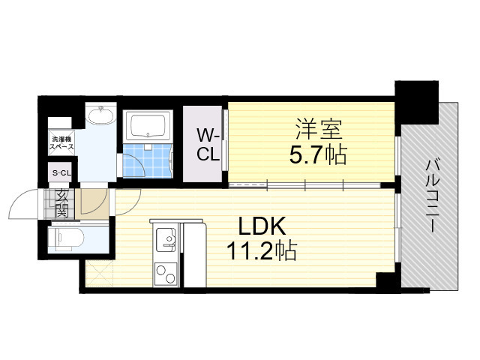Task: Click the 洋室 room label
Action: click(318, 130)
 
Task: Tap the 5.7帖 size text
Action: click(318, 154)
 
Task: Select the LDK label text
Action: click(262, 226)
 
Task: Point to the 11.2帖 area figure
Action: click(262, 250)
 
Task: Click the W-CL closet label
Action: click(208, 145)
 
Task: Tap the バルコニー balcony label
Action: click(433, 196)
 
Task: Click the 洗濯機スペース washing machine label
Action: click(61, 143)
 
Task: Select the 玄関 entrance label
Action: click(61, 204)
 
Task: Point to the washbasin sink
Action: click(100, 115)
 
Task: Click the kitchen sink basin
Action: click(166, 238)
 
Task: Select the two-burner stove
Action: click(166, 274)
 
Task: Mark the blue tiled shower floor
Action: click(148, 160)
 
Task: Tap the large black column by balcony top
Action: click(417, 102)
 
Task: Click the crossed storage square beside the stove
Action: click(99, 273)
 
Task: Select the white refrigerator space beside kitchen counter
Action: click(195, 256)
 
